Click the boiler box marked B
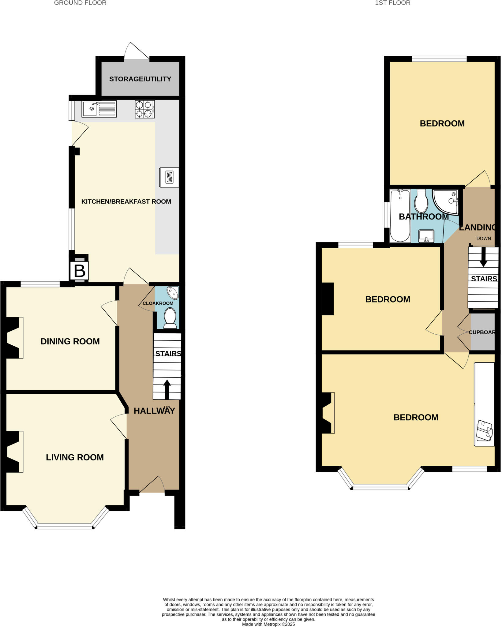79,271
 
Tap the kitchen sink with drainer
99,109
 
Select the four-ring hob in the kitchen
144,109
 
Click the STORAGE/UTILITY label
140,79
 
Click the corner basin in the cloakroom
173,293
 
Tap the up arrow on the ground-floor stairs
167,389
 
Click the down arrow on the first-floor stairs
483,257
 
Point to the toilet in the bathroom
421,201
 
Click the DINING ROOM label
70,341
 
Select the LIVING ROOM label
75,457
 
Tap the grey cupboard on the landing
482,332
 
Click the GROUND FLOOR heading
80,3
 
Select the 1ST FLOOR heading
392,3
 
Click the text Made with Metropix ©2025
268,624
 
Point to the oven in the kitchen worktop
169,177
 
